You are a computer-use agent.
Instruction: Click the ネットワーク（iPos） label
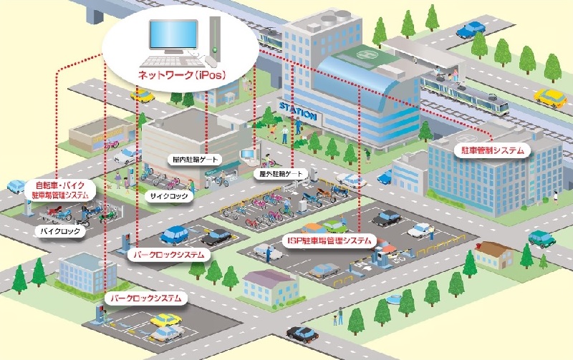click(180, 74)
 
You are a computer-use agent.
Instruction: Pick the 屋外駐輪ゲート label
click(281, 174)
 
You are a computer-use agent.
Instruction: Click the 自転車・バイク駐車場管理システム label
click(61, 190)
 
